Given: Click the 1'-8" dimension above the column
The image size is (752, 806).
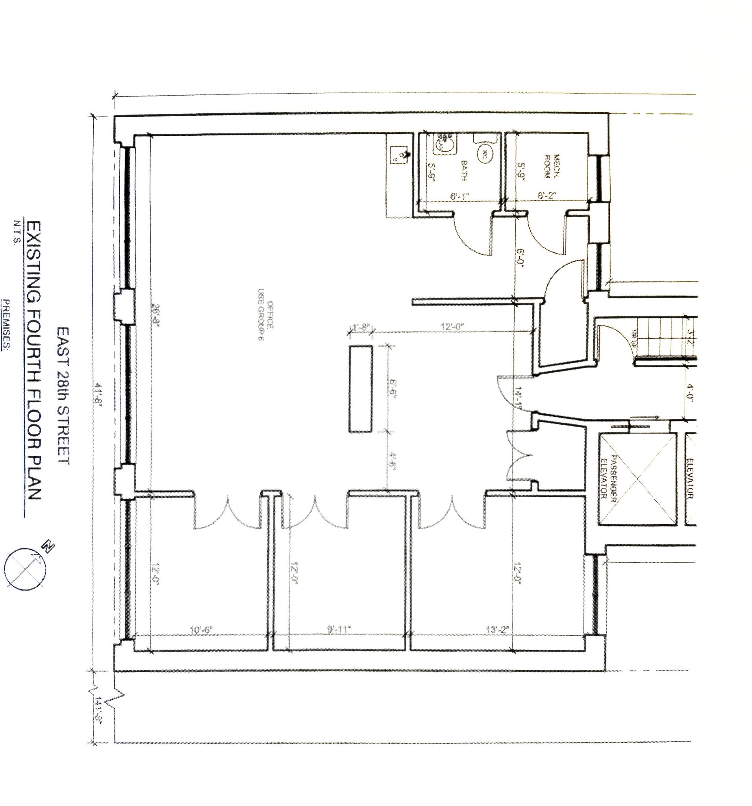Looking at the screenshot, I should point(361,326).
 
